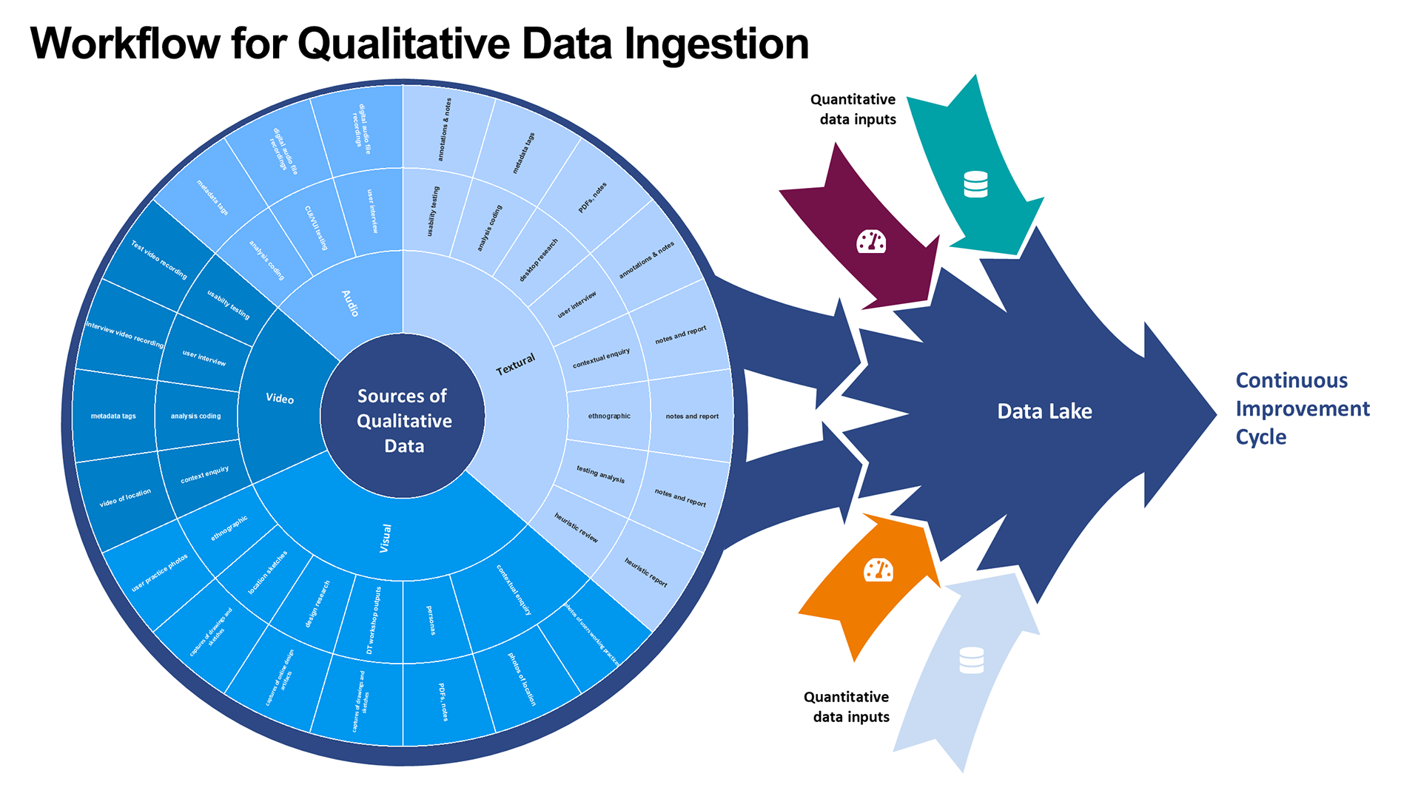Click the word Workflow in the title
point(124,44)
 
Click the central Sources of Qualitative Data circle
point(403,419)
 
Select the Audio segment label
point(350,303)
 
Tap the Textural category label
point(515,364)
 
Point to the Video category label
point(280,398)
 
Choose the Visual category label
point(386,538)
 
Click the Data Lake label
point(1044,411)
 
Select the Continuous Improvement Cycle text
point(1302,408)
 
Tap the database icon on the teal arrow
point(975,184)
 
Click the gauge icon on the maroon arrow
point(871,241)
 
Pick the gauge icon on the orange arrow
point(879,570)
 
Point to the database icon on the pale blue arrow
point(971,660)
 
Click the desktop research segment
point(539,260)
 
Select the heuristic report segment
point(646,573)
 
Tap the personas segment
point(431,620)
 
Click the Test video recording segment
point(159,260)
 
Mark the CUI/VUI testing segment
point(316,227)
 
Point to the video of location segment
point(125,498)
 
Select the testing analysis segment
point(600,474)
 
